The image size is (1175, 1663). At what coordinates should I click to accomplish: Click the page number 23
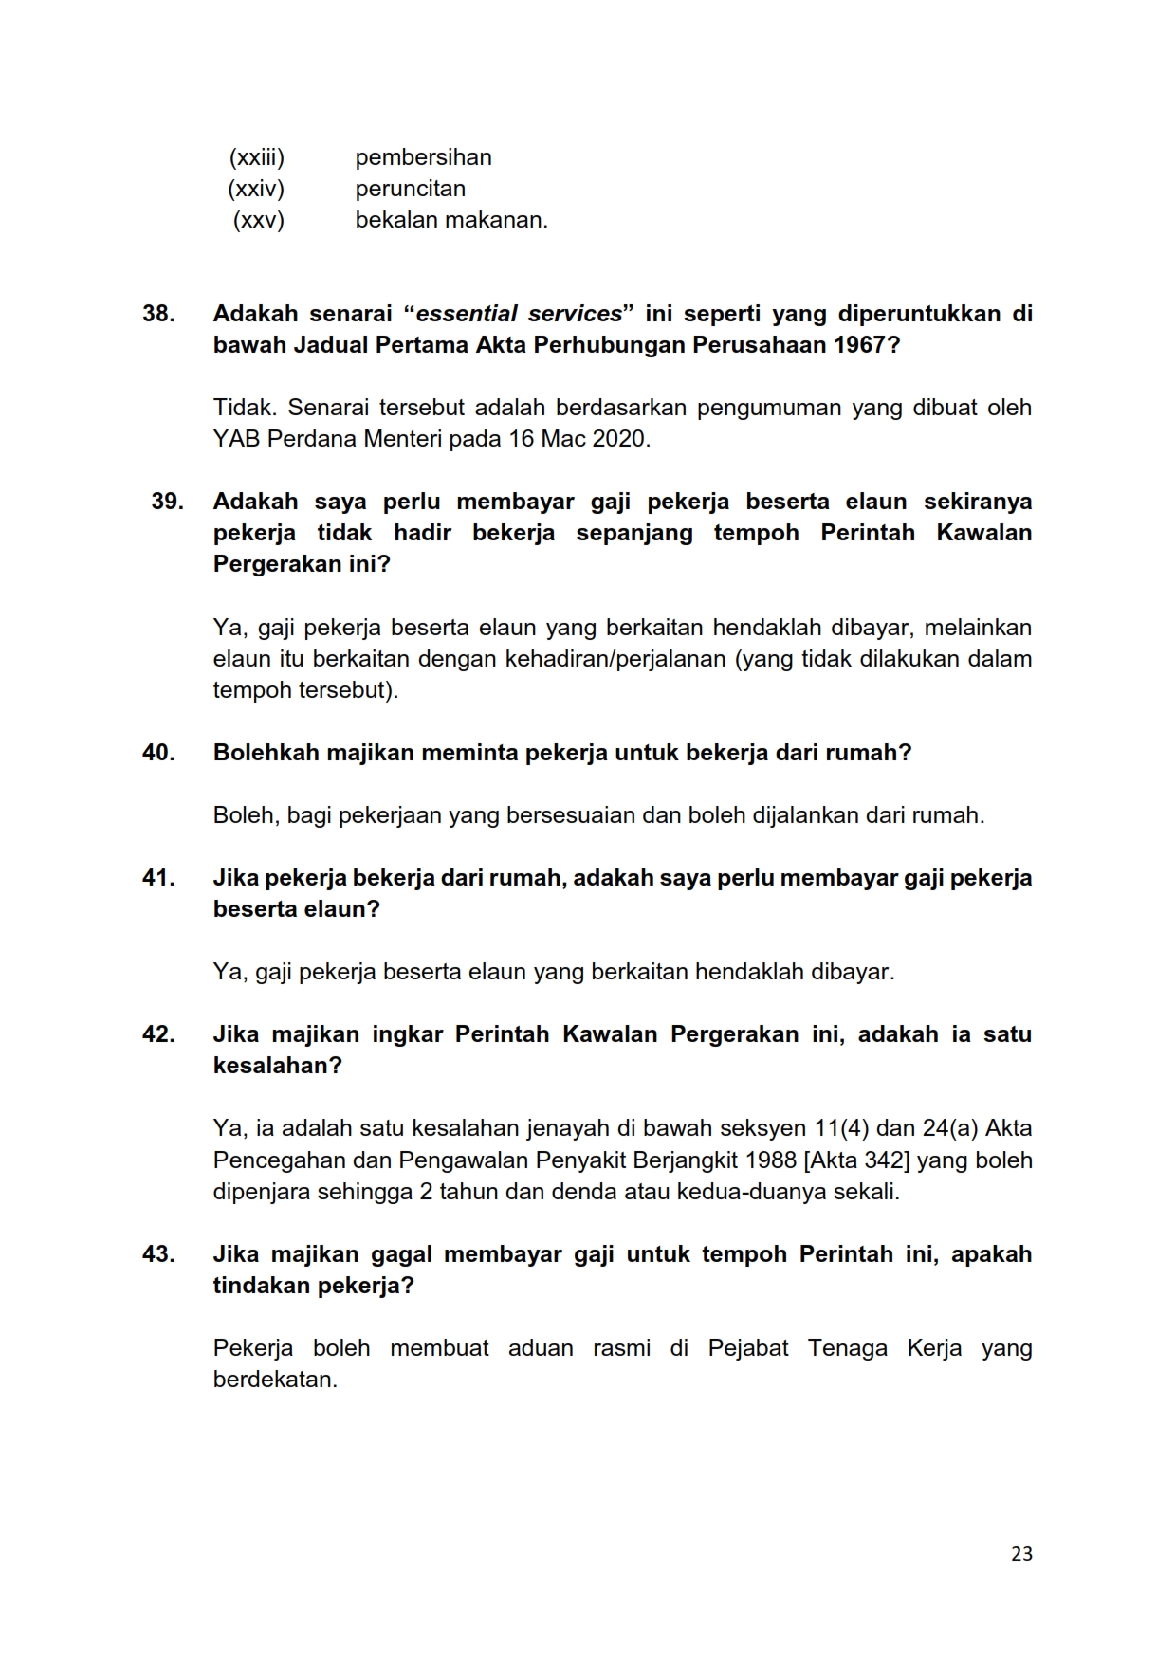[x=1021, y=1554]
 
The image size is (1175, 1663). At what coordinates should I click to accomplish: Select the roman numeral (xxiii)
[x=256, y=157]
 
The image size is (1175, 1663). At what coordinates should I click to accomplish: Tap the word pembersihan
[x=423, y=157]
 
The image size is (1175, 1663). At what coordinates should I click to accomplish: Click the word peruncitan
[x=410, y=189]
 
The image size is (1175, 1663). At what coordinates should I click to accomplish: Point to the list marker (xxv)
[x=259, y=220]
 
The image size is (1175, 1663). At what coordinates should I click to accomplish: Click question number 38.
[x=158, y=313]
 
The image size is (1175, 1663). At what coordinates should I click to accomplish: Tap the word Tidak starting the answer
[x=242, y=408]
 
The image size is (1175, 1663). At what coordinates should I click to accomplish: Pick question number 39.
[x=167, y=501]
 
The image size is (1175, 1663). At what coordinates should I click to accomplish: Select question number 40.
[x=158, y=753]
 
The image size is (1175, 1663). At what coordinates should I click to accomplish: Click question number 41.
[x=158, y=878]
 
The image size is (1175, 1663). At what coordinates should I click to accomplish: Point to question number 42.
[x=158, y=1034]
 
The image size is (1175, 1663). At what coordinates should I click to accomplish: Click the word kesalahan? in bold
[x=277, y=1066]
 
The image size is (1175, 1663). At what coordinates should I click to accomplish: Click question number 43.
[x=158, y=1254]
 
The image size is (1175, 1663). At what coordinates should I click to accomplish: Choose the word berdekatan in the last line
[x=275, y=1380]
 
